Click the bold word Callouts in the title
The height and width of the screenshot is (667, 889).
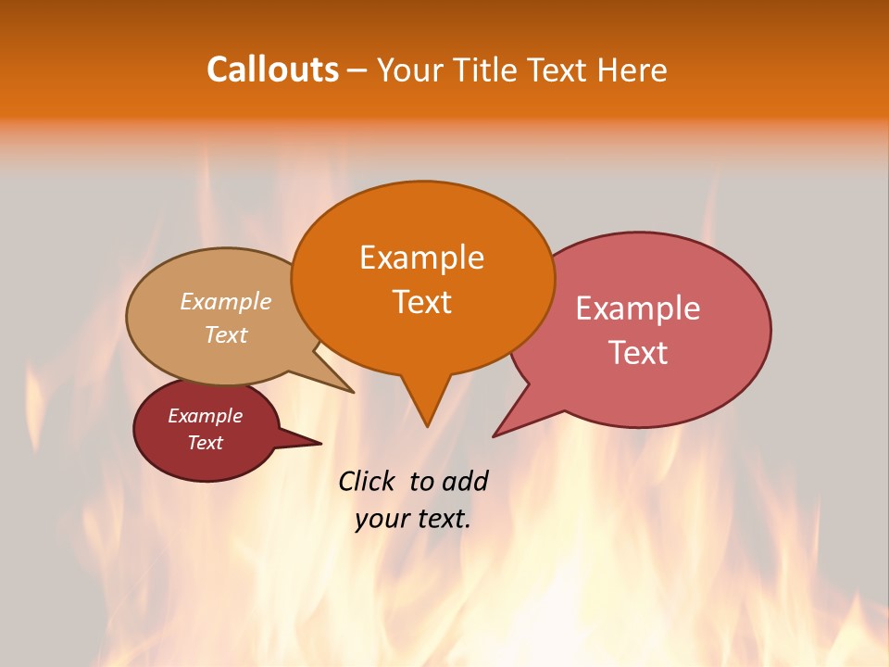click(x=272, y=69)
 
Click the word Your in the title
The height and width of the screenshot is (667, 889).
click(x=412, y=69)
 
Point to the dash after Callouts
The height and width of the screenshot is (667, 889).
click(x=357, y=70)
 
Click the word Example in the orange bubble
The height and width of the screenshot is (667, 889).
click(x=421, y=258)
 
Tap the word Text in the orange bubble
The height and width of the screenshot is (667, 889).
click(x=421, y=302)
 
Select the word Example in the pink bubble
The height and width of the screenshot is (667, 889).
click(x=638, y=308)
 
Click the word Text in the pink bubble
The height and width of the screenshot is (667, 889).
click(x=638, y=353)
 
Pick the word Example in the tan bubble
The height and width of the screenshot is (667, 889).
click(x=226, y=302)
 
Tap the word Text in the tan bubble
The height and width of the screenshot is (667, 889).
click(x=226, y=334)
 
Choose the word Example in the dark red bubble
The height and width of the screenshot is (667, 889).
click(x=205, y=416)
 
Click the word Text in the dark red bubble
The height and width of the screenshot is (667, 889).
click(x=205, y=443)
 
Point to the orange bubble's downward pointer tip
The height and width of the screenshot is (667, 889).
click(x=427, y=426)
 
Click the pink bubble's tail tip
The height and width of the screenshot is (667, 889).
click(x=494, y=436)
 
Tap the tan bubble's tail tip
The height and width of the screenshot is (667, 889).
click(x=353, y=392)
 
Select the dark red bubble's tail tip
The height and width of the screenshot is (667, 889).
click(x=320, y=443)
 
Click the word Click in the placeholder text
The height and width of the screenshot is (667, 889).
click(x=368, y=481)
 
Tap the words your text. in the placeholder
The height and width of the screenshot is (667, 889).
click(x=412, y=519)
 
